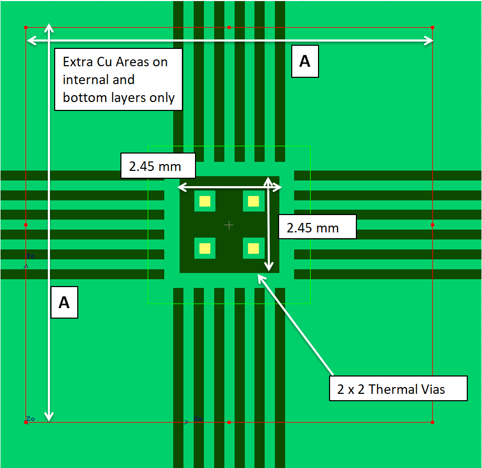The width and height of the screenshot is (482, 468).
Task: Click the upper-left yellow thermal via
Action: tap(204, 201)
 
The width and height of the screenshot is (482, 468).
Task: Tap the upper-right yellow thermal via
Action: tap(253, 201)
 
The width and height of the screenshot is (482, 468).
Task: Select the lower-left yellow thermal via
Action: tap(204, 248)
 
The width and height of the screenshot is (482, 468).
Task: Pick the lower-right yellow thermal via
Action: tap(253, 248)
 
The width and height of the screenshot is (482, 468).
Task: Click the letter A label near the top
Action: tap(305, 62)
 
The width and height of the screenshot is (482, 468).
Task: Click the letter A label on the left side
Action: tap(64, 302)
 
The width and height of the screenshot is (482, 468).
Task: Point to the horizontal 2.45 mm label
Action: tap(158, 166)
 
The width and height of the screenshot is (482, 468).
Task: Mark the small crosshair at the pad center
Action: tap(229, 225)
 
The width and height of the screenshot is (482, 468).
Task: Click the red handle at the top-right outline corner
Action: tap(432, 27)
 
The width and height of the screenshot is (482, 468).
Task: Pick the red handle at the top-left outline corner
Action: tap(26, 27)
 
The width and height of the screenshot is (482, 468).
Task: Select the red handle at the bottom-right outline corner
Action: tap(432, 422)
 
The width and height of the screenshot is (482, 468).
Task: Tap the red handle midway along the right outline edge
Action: tap(432, 225)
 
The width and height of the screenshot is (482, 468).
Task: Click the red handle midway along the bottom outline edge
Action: tap(229, 422)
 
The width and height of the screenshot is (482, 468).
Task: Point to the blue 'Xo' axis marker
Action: tap(198, 419)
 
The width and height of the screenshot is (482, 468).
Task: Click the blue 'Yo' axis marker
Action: tap(30, 256)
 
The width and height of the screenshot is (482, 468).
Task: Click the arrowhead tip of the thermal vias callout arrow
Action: tap(259, 274)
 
